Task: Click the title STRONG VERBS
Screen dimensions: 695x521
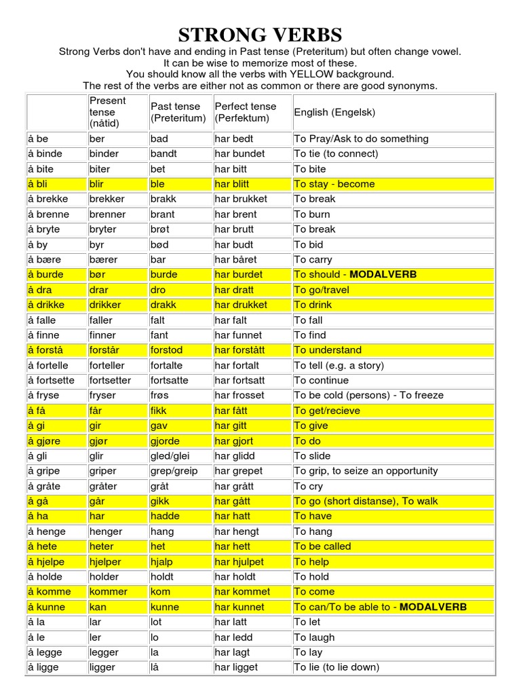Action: click(x=260, y=35)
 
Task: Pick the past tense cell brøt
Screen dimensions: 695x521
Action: click(x=160, y=229)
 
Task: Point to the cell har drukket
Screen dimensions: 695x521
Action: click(x=241, y=305)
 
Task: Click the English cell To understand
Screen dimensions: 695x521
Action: click(x=328, y=350)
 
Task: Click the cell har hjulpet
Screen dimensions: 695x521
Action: click(x=239, y=562)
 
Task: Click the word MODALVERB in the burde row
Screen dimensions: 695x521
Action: click(x=383, y=275)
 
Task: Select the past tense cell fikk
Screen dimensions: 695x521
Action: click(x=159, y=411)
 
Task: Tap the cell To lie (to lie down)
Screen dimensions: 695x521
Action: click(x=336, y=667)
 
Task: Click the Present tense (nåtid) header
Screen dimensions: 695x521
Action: click(x=108, y=112)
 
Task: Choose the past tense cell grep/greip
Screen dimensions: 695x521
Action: click(x=174, y=471)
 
